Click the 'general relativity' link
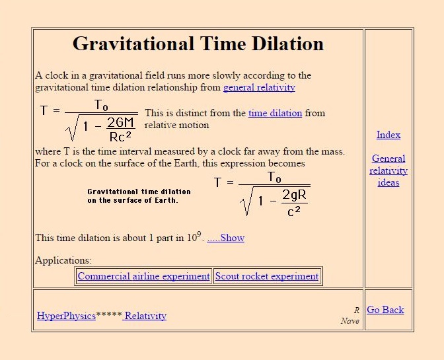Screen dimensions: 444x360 click(259, 87)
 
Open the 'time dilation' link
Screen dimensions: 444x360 click(276, 113)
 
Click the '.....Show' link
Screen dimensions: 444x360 click(226, 238)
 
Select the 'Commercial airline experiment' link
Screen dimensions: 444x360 click(144, 276)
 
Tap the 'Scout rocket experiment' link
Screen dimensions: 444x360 click(267, 276)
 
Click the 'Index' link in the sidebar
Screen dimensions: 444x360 click(388, 135)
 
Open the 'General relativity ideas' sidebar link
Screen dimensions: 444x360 click(388, 170)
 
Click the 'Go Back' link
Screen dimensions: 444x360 click(385, 310)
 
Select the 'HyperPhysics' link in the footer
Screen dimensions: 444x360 click(66, 316)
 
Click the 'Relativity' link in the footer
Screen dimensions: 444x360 click(145, 316)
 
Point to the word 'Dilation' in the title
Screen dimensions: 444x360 click(287, 44)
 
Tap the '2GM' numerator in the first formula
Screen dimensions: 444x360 click(121, 123)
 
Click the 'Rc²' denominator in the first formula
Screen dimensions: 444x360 click(120, 137)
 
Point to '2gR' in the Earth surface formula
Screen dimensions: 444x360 click(295, 195)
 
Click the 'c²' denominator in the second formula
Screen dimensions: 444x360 click(293, 211)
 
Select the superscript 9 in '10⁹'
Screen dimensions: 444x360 click(199, 234)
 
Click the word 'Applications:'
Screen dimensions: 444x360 click(63, 260)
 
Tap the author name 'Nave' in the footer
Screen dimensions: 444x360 click(350, 321)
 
